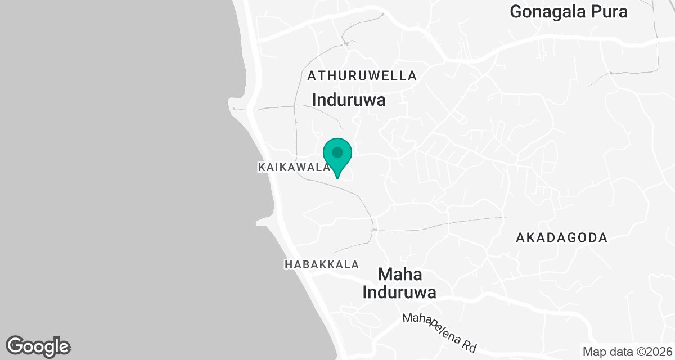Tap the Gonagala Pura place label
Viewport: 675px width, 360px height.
coord(569,11)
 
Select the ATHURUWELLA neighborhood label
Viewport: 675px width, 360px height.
coord(362,75)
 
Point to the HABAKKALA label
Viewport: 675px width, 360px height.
coord(321,264)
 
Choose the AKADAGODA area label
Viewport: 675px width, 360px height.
coord(561,238)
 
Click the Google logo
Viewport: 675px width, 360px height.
coord(38,346)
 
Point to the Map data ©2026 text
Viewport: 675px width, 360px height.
coord(627,352)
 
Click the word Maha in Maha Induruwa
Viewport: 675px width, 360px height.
coord(400,275)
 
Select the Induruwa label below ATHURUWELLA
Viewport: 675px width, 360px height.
coord(349,100)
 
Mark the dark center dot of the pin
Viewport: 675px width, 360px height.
coord(337,152)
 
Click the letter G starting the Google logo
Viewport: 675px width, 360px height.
coord(16,346)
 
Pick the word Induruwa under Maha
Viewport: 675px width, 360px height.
coord(400,292)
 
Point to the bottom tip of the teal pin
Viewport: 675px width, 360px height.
coord(337,178)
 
